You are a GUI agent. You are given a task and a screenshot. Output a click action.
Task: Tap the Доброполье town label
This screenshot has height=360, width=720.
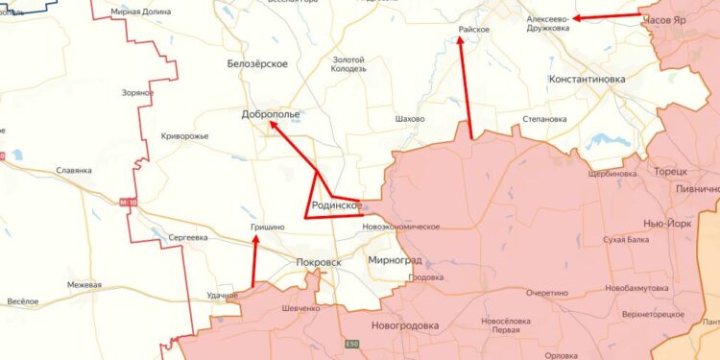[x=271, y=114]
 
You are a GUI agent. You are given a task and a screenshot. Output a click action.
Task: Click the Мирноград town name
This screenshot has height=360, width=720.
[x=395, y=260]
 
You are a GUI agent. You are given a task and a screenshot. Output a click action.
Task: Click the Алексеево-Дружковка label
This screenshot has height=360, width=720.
[x=547, y=23]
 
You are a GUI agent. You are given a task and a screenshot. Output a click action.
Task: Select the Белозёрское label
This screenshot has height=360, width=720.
[x=257, y=63]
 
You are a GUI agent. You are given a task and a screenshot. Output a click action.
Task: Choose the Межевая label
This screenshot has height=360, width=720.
[x=84, y=285]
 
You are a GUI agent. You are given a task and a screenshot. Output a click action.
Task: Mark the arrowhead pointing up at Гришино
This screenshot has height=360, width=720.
[x=255, y=240]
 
